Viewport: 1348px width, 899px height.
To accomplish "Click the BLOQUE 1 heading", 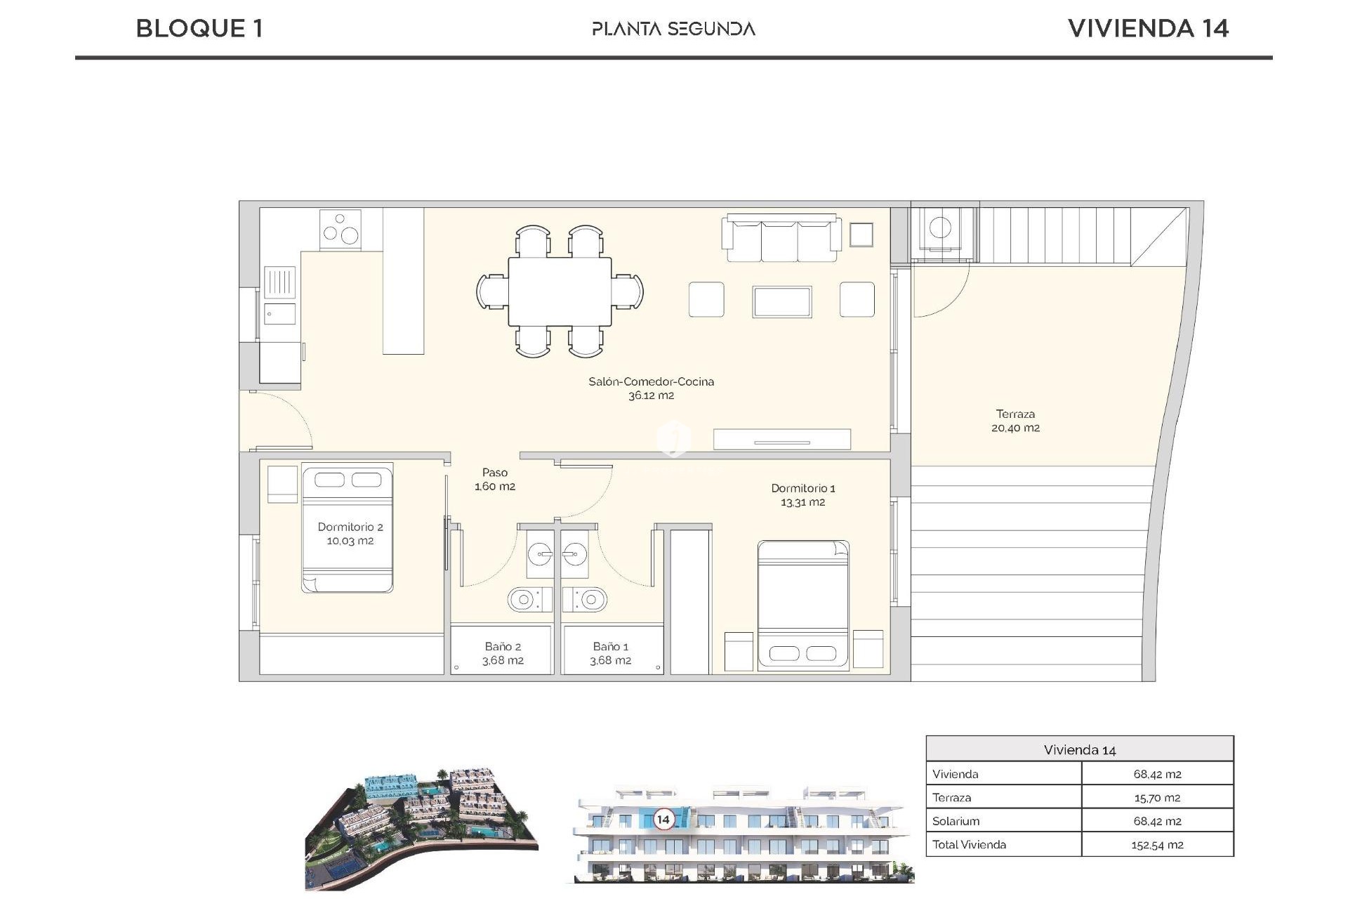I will (x=199, y=28).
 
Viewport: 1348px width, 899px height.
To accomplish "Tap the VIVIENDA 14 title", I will (x=1148, y=28).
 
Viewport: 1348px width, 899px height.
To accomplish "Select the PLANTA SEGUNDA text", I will (x=673, y=29).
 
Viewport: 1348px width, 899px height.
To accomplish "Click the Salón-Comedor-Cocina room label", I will (x=651, y=388).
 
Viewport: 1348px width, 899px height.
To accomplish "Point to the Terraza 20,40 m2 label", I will (x=1015, y=421).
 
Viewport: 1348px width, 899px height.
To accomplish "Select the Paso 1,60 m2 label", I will (x=495, y=479).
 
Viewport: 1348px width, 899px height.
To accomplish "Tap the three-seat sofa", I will (x=783, y=239).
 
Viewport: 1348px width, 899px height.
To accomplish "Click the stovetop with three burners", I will (x=341, y=229).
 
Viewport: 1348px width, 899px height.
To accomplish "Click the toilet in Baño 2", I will (x=524, y=599).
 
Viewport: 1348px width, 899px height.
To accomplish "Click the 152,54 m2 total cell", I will (x=1156, y=845).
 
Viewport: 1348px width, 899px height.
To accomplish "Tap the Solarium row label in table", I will (x=956, y=821).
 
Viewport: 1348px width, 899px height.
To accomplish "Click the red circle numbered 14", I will (x=663, y=819).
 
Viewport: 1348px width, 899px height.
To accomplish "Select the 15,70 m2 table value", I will (x=1156, y=798).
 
